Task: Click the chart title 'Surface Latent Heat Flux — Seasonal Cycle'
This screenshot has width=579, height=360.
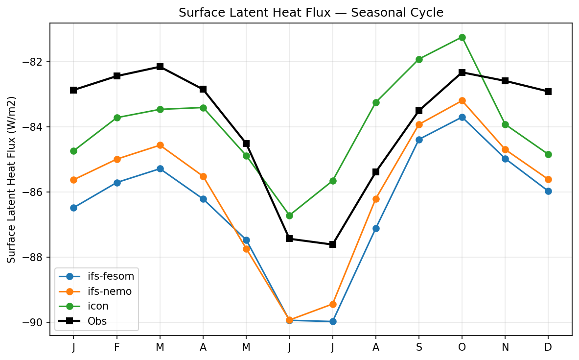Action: pyautogui.click(x=311, y=13)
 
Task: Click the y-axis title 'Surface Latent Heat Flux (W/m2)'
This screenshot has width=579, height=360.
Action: pyautogui.click(x=12, y=179)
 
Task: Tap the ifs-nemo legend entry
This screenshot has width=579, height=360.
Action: pyautogui.click(x=106, y=291)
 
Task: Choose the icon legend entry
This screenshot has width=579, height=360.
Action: pyautogui.click(x=98, y=306)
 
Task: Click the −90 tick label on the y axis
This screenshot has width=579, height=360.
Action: pyautogui.click(x=36, y=323)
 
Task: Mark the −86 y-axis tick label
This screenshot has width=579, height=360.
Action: pyautogui.click(x=36, y=192)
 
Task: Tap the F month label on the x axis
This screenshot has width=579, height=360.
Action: pyautogui.click(x=117, y=347)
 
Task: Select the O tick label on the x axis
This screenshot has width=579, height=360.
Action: pyautogui.click(x=462, y=347)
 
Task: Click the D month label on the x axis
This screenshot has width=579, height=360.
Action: pyautogui.click(x=548, y=347)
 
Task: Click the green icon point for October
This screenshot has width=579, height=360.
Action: pyautogui.click(x=462, y=37)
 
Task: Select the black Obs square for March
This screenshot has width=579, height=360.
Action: pyautogui.click(x=160, y=67)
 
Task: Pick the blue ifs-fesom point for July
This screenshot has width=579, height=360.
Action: pyautogui.click(x=333, y=321)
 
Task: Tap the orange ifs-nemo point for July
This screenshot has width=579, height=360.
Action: pyautogui.click(x=333, y=304)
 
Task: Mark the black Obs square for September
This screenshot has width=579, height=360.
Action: pyautogui.click(x=419, y=111)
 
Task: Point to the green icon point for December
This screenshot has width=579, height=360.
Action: pyautogui.click(x=548, y=154)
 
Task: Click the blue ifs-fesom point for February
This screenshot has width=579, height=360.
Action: pyautogui.click(x=117, y=183)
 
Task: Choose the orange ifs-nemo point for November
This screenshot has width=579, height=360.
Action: pyautogui.click(x=505, y=149)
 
